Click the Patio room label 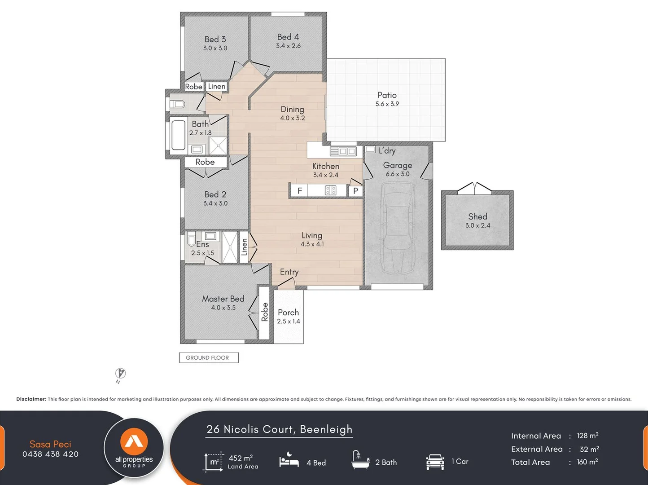[387, 95]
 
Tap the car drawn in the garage [398, 228]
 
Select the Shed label [477, 216]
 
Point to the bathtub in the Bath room [178, 135]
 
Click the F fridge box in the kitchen [299, 191]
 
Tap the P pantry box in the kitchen [355, 191]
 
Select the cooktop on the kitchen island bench [330, 190]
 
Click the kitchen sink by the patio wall [343, 151]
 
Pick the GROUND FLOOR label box [209, 357]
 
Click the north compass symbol [120, 374]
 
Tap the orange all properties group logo [134, 441]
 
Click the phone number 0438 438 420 [50, 454]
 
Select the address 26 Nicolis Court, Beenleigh [279, 429]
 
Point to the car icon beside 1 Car [435, 462]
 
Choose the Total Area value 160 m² [587, 462]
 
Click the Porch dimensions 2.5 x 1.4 [289, 322]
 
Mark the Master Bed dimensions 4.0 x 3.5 [223, 308]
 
